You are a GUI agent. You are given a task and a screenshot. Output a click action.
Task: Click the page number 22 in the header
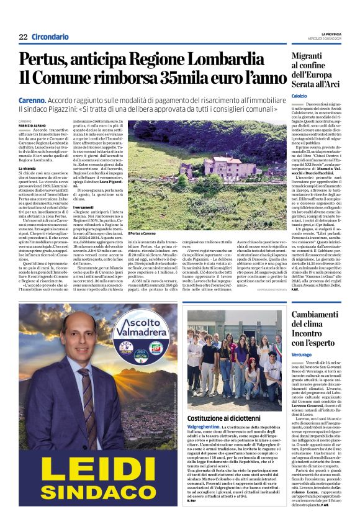click(x=23, y=37)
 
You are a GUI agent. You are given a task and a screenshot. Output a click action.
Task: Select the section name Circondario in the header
click(x=50, y=37)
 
